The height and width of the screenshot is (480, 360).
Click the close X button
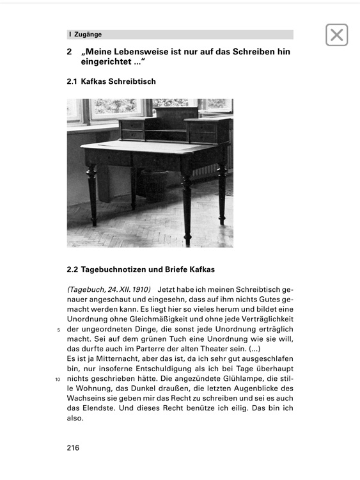pyautogui.click(x=337, y=35)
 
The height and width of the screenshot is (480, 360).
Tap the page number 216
pyautogui.click(x=73, y=448)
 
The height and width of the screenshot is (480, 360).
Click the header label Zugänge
pyautogui.click(x=88, y=35)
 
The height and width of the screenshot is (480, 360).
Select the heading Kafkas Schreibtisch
pyautogui.click(x=120, y=82)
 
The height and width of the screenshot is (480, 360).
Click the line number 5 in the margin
pyautogui.click(x=58, y=330)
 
